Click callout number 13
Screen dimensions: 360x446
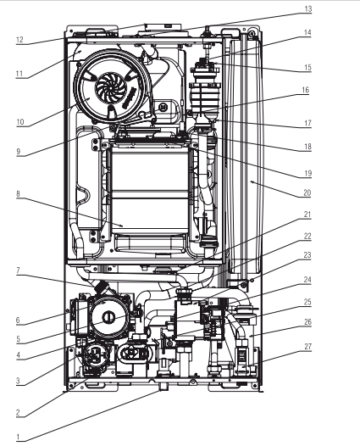click(308, 8)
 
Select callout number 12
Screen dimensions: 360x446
click(19, 40)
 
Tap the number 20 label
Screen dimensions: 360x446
click(307, 192)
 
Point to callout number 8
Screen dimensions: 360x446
click(18, 194)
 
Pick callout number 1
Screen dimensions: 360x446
click(18, 437)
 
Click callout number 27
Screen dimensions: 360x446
click(308, 347)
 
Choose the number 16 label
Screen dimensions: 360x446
click(305, 90)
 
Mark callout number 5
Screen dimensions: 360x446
click(18, 339)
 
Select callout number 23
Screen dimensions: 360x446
click(307, 255)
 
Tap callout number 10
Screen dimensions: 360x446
click(19, 122)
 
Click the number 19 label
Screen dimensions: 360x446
click(308, 173)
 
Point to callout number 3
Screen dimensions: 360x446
click(18, 381)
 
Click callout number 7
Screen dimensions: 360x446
click(18, 270)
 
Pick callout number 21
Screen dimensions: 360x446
click(307, 215)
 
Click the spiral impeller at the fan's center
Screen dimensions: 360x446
click(109, 87)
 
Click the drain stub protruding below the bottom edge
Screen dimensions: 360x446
click(163, 387)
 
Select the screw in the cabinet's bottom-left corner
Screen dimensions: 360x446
click(70, 386)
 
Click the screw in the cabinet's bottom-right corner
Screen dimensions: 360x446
click(255, 386)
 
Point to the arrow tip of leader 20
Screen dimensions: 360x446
click(251, 181)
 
